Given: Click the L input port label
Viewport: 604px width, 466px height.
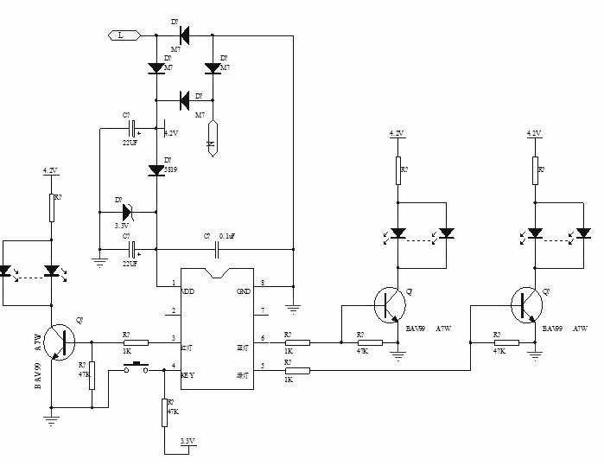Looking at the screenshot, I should [120, 35].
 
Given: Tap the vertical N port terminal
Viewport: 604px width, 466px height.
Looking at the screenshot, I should [210, 138].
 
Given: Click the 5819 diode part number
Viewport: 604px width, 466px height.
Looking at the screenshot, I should [171, 171].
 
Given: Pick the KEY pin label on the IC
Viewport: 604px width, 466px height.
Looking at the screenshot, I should [187, 375].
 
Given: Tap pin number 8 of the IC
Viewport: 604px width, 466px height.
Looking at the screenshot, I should [263, 283].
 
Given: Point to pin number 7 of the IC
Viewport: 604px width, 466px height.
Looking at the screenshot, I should [263, 310].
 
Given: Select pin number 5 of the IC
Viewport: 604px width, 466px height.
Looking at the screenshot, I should [263, 366].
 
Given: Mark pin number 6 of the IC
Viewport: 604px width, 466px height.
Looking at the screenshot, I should [263, 338].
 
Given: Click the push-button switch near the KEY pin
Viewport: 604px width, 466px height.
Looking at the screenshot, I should [135, 369].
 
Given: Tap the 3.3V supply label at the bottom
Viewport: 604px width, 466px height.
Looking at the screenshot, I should [188, 441].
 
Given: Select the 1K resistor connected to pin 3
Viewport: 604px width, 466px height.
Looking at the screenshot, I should [135, 342].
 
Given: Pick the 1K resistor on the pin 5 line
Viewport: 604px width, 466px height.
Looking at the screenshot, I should [297, 371].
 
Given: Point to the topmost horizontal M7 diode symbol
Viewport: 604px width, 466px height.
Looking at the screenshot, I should [184, 35].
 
